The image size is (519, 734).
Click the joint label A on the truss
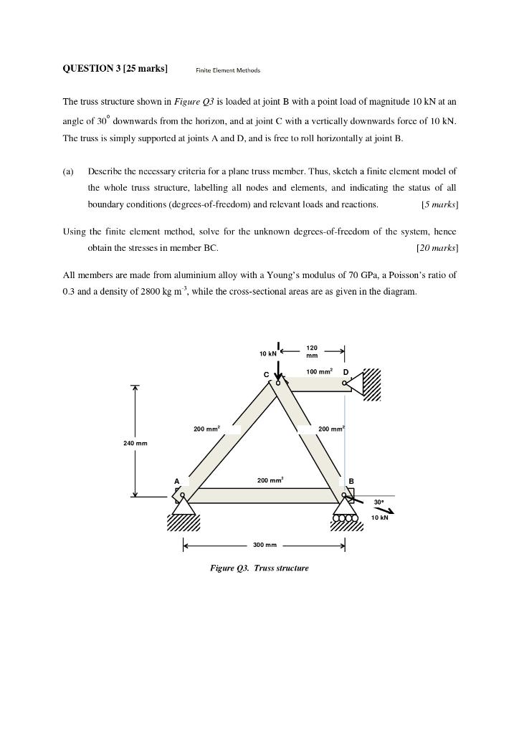[x=176, y=481]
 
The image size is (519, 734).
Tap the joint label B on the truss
[x=351, y=481]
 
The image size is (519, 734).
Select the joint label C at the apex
[x=267, y=374]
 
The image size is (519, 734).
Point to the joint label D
[x=346, y=373]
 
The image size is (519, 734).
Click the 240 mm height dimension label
[x=135, y=444]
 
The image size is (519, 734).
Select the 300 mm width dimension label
[x=265, y=545]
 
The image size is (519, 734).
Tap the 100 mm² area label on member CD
[x=319, y=372]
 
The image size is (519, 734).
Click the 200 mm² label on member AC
[x=206, y=429]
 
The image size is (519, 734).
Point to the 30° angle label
[x=378, y=502]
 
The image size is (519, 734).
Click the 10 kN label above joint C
[x=268, y=354]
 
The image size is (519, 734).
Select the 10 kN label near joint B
[x=379, y=518]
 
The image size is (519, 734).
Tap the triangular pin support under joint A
[x=184, y=506]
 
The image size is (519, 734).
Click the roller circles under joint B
[x=345, y=518]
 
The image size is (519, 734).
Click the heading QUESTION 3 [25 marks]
[x=115, y=69]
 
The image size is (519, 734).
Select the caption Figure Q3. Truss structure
[x=259, y=568]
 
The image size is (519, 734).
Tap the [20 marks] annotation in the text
[x=437, y=248]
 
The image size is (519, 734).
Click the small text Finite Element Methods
[x=228, y=70]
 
